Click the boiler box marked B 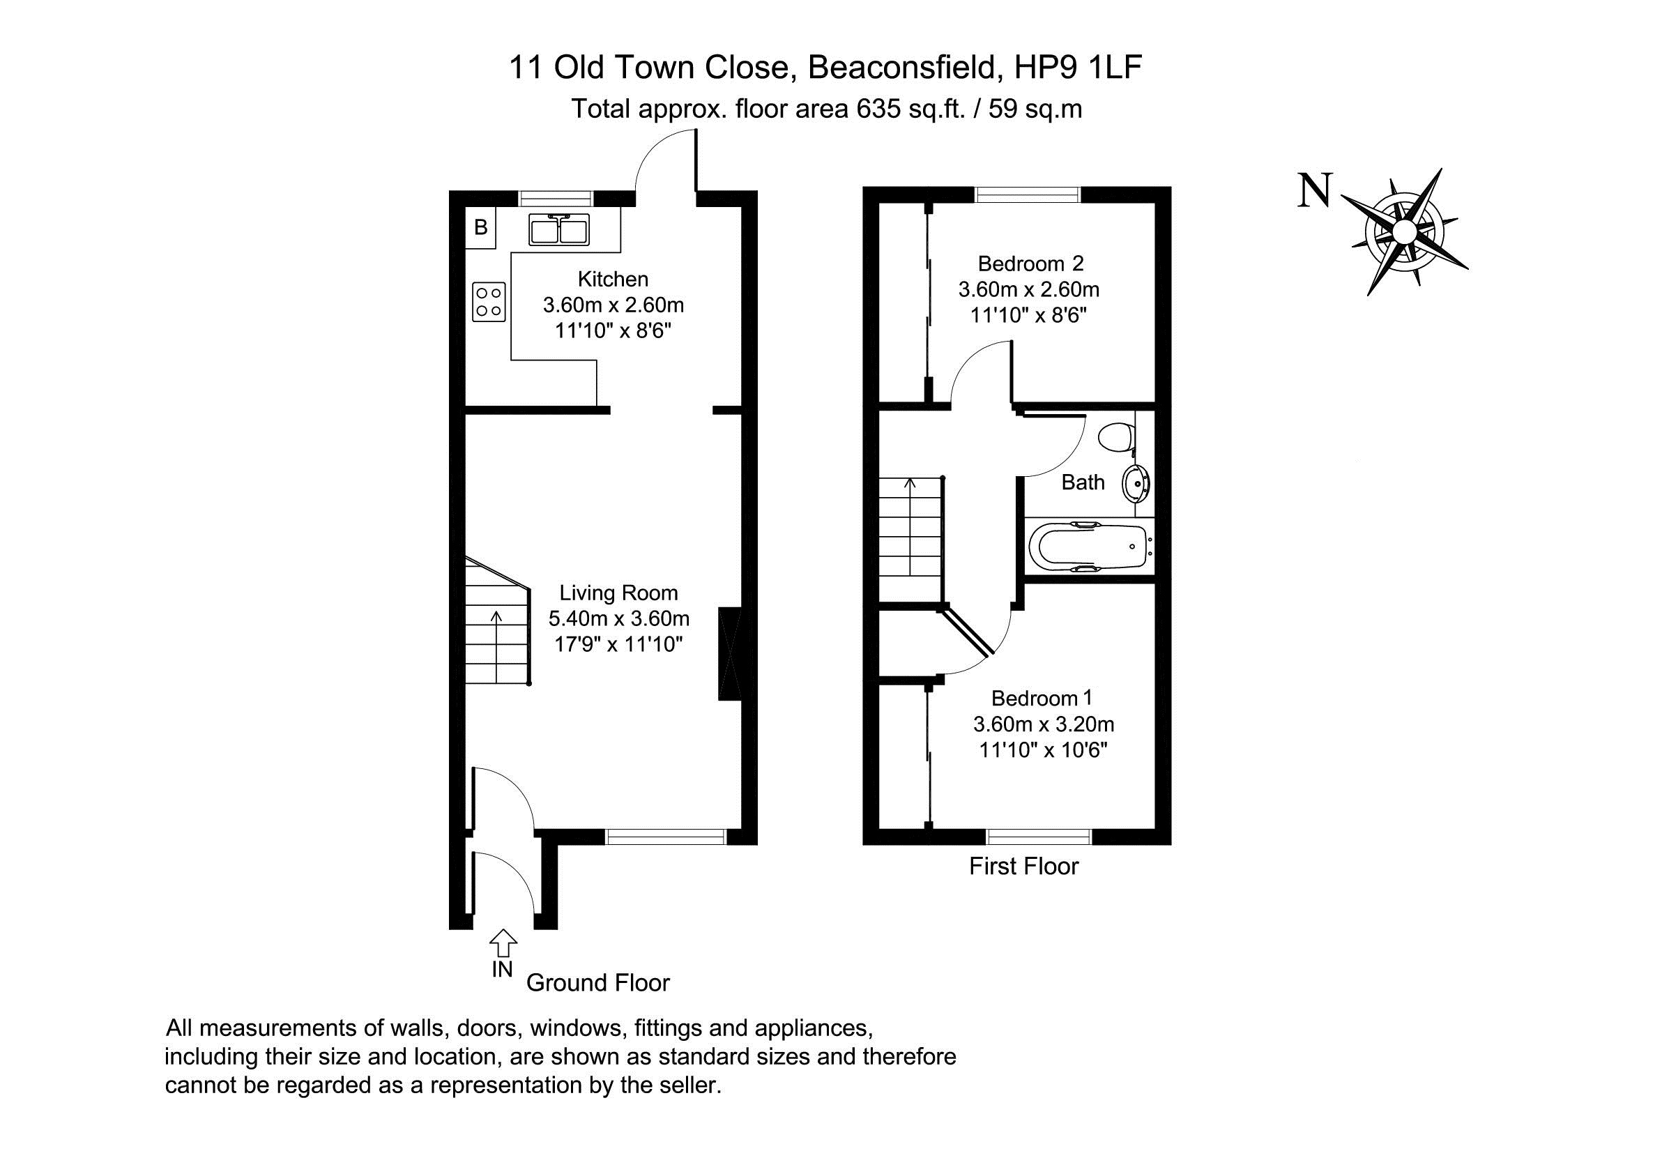(x=480, y=227)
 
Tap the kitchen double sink (x=559, y=229)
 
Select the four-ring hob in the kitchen (x=489, y=302)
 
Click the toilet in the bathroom (x=1115, y=436)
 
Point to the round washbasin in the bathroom (x=1136, y=484)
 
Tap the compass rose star (x=1404, y=231)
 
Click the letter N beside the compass (x=1315, y=190)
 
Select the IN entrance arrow (x=503, y=944)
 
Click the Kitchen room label (x=612, y=279)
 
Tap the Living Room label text (x=618, y=593)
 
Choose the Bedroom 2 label (x=1031, y=263)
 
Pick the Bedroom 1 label (x=1042, y=698)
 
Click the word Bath (x=1083, y=482)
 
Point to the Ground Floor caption (x=598, y=983)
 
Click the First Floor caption (x=1023, y=867)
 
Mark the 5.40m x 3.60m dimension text (x=619, y=619)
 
